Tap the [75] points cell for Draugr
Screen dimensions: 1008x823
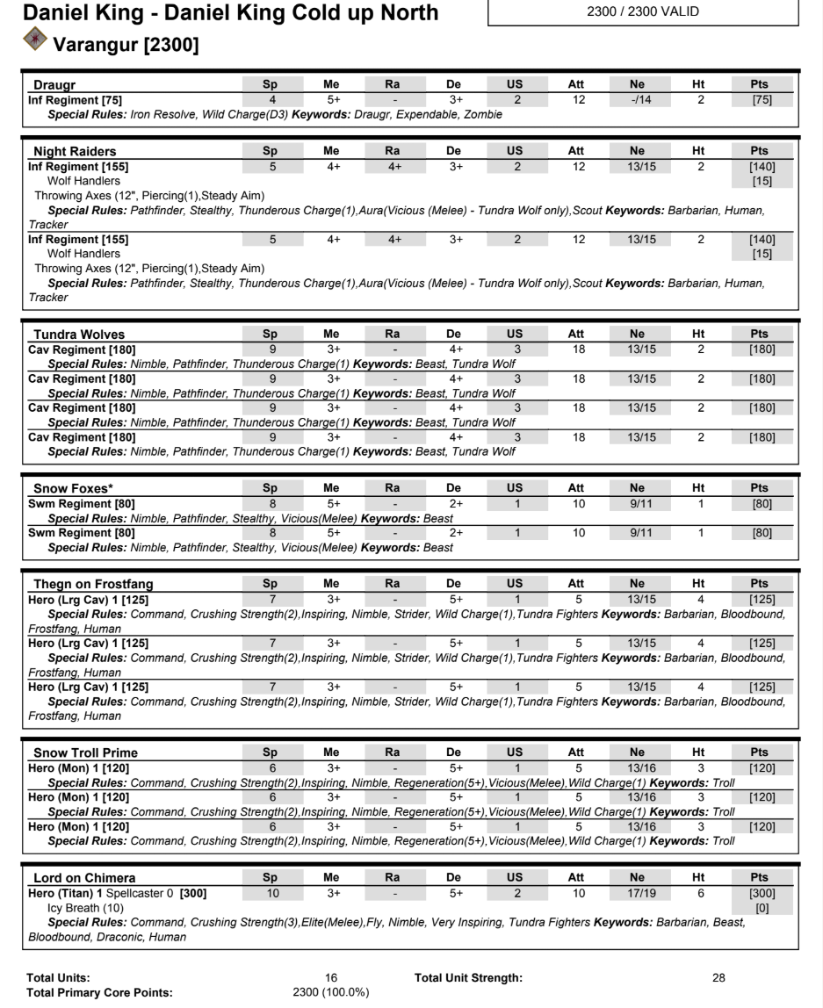762,100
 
